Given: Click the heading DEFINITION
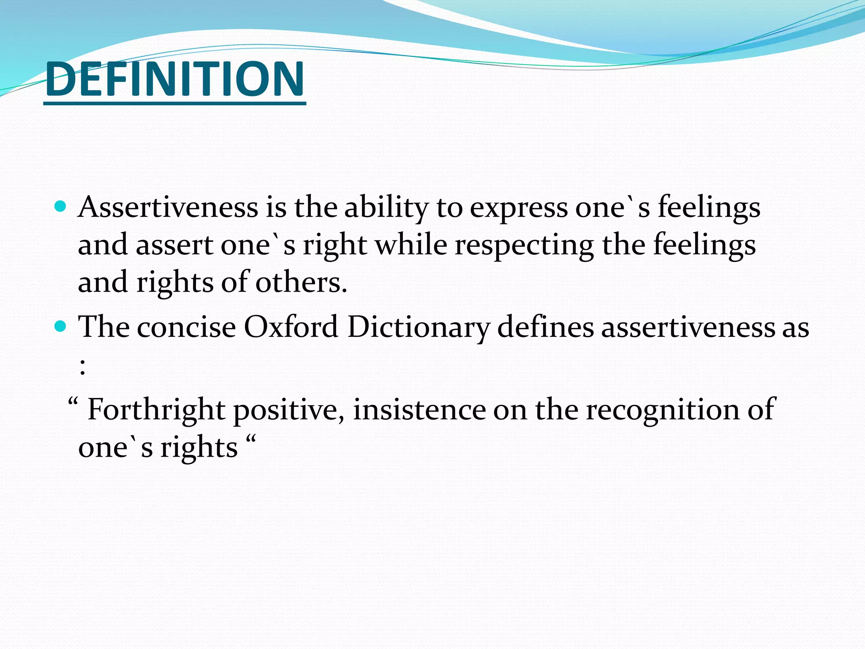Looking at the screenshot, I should click(x=174, y=79).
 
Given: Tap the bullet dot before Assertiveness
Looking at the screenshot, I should click(x=61, y=207).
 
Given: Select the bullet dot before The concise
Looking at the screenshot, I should click(x=61, y=326).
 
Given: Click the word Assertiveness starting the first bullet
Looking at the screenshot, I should click(x=168, y=207).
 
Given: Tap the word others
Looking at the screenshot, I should click(x=301, y=282).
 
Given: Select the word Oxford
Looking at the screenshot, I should click(x=291, y=327).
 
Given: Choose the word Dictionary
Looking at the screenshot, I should click(x=418, y=328).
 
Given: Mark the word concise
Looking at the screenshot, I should click(x=186, y=328).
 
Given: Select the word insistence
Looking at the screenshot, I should click(x=419, y=410).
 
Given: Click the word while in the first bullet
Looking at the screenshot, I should click(x=411, y=245).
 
